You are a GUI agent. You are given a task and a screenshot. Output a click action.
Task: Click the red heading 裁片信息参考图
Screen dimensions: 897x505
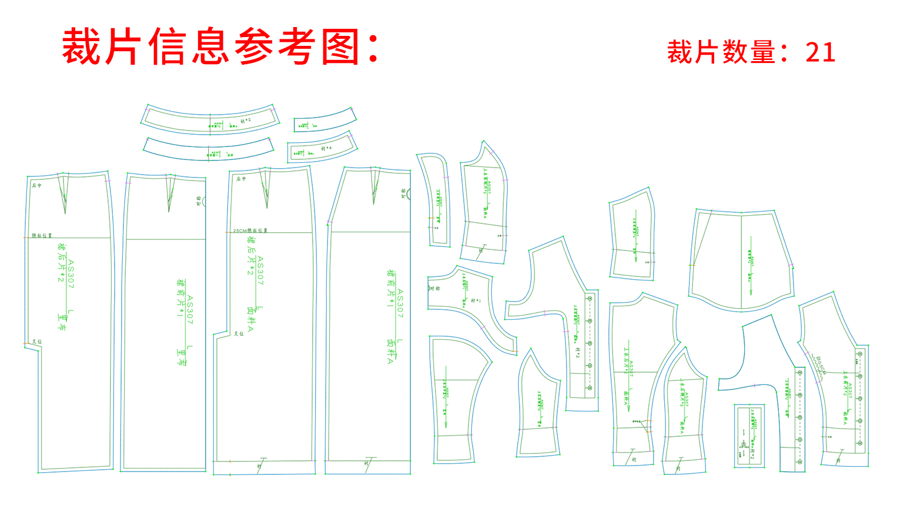tap(220, 47)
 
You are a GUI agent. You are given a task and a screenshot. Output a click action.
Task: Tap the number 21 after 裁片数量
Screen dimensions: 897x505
tap(821, 52)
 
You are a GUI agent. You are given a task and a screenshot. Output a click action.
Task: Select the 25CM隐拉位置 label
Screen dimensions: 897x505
tap(250, 230)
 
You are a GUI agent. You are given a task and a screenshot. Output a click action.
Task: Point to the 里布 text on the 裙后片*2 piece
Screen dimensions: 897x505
tap(62, 321)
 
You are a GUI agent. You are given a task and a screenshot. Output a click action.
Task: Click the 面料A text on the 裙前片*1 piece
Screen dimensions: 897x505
tap(390, 352)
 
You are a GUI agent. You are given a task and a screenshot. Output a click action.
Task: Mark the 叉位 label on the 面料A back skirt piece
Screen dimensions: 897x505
tap(239, 333)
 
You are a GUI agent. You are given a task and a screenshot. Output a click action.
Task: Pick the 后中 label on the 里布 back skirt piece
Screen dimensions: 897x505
tap(36, 185)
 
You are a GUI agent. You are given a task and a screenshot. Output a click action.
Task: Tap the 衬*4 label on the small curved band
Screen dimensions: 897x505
tap(326, 148)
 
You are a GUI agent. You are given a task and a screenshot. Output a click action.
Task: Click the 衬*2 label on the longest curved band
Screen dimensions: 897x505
tap(246, 121)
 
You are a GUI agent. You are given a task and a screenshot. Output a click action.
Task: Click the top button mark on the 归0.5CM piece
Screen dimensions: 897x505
tap(860, 353)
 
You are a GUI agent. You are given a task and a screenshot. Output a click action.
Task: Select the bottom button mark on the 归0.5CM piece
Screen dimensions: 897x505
tap(860, 443)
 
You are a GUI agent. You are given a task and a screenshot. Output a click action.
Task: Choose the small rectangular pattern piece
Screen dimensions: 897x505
tap(749, 436)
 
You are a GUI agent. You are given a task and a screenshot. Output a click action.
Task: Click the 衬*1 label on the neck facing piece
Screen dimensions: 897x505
tap(476, 300)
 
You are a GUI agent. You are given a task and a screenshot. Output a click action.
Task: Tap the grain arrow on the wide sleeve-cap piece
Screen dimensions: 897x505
tap(750, 265)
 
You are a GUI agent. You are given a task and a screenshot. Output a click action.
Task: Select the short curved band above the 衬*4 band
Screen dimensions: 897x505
tap(324, 121)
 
